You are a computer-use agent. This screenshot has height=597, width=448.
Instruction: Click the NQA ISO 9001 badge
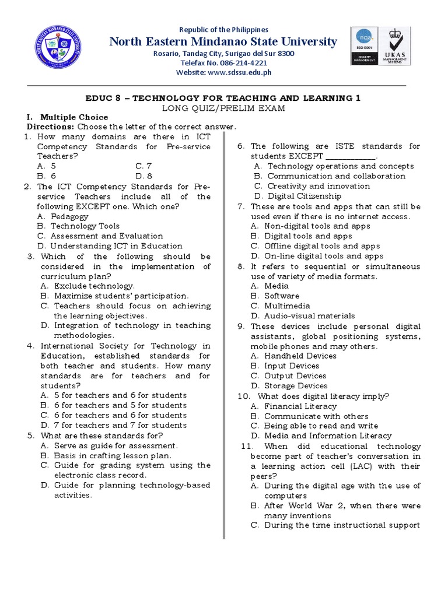364,45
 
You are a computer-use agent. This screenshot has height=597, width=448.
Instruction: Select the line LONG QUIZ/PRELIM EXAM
223,108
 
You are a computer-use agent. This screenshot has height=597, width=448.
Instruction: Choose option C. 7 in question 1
143,166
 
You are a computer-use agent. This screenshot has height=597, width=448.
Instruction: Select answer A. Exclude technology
87,286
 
